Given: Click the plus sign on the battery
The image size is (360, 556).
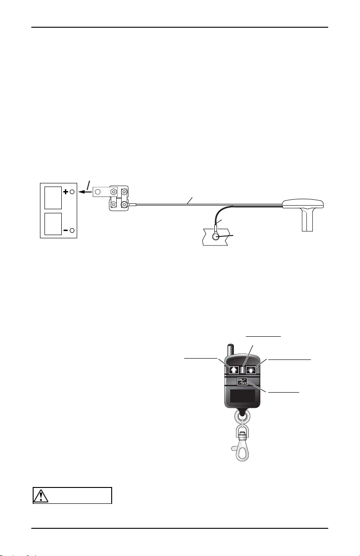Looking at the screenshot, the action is click(66, 192).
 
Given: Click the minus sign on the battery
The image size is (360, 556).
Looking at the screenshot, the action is click(66, 231).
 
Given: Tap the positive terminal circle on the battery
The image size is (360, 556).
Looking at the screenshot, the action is click(72, 192).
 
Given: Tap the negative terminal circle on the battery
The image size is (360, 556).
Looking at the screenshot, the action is click(72, 231).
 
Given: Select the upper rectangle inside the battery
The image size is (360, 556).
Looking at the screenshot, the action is click(53, 198).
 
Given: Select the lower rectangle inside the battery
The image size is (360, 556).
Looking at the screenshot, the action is click(53, 224).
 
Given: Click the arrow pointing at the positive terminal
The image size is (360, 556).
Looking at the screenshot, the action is click(84, 192).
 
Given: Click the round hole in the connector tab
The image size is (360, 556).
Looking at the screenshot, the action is click(98, 192).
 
